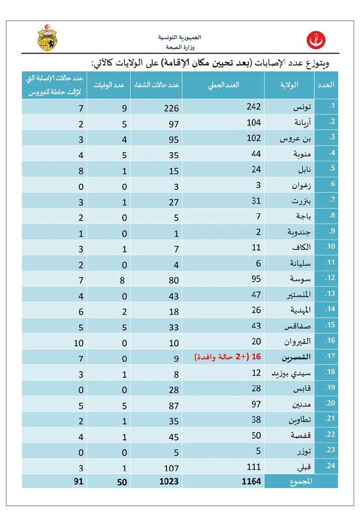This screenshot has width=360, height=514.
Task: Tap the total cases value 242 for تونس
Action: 254,107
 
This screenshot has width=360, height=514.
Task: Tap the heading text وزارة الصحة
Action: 180,48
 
